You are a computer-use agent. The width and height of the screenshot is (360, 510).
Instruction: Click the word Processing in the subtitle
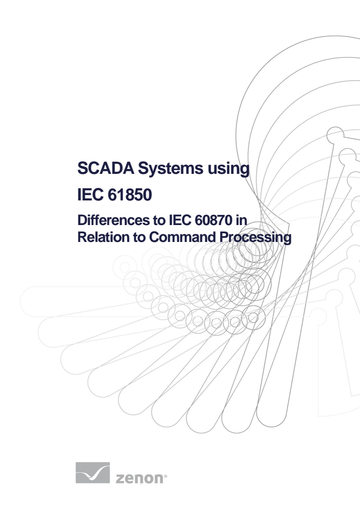pos(255,238)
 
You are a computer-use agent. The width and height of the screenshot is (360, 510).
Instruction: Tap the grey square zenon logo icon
pos(93,473)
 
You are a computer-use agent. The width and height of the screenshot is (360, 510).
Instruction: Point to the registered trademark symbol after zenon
pos(166,476)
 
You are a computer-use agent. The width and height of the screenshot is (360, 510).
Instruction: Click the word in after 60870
pos(241,220)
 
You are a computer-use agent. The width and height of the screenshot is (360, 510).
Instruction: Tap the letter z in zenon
pos(120,479)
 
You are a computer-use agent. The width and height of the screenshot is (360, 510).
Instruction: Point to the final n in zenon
pos(159,479)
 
